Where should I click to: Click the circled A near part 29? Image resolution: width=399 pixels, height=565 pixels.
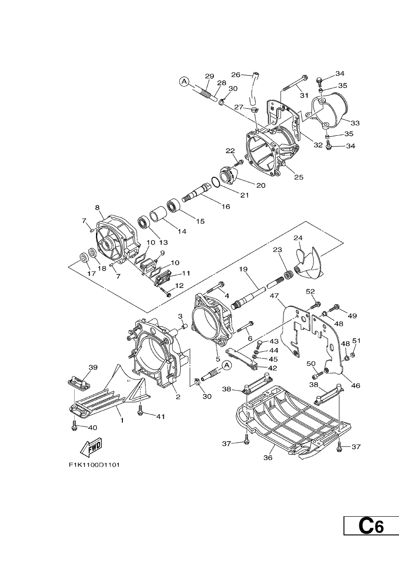tap(184, 82)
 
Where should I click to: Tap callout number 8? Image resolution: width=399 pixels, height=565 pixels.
tap(97, 207)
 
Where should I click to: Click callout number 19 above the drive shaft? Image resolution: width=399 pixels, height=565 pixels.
tap(243, 269)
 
